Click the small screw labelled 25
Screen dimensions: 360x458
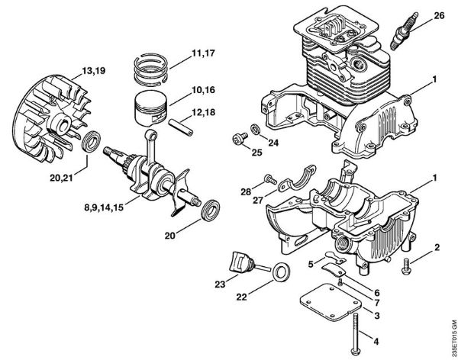pos(237,139)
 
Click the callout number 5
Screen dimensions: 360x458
pos(311,263)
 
